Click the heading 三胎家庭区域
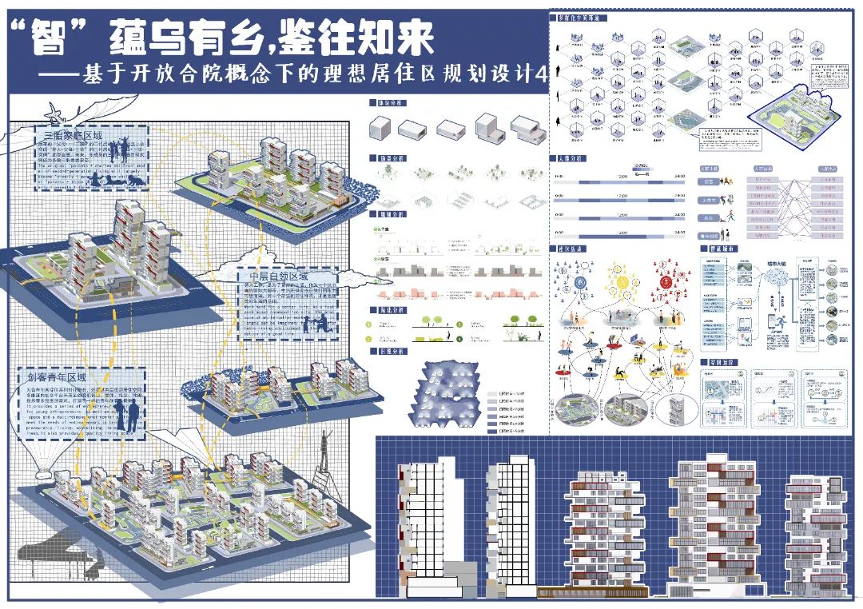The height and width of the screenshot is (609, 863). [63, 136]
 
